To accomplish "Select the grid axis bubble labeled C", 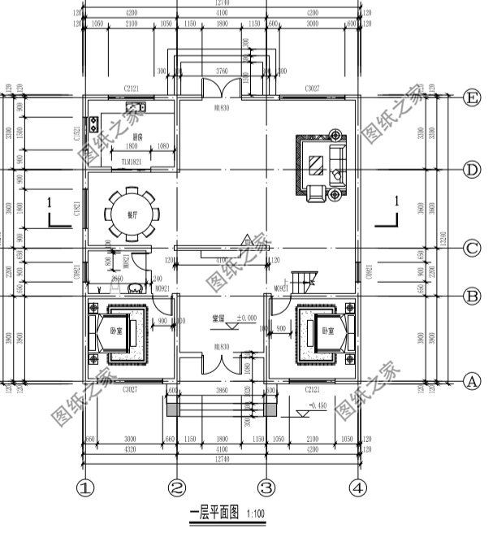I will click(x=470, y=248).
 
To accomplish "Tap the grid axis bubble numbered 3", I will click(x=266, y=489).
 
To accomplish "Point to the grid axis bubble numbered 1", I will click(x=86, y=489).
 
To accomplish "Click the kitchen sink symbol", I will click(x=136, y=105).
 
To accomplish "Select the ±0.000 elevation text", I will click(x=246, y=318).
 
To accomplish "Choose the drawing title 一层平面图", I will click(x=214, y=513).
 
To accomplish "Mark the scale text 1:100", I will click(x=254, y=513).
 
